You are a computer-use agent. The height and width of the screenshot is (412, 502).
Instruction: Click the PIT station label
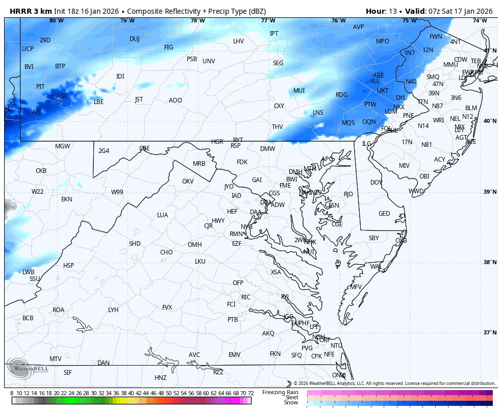click(x=40, y=87)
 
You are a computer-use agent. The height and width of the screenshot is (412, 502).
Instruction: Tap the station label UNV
click(x=209, y=61)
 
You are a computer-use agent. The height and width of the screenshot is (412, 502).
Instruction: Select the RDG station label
click(x=341, y=95)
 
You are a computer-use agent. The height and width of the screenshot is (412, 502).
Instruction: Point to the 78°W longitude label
click(x=198, y=20)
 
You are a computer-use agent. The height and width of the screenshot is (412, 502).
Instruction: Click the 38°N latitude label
click(x=490, y=262)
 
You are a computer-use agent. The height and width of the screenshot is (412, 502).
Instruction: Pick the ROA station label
click(x=59, y=310)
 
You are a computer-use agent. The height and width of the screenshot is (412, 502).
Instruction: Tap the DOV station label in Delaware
click(x=376, y=183)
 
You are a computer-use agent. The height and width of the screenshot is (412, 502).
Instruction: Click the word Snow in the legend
click(x=291, y=403)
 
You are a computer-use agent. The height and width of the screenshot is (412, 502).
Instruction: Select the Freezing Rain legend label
click(x=280, y=392)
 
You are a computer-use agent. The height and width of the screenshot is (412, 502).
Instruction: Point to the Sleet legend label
click(x=291, y=397)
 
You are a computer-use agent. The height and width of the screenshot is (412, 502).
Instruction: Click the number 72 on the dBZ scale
click(x=250, y=393)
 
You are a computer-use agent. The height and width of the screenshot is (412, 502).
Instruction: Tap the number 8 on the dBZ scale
click(x=12, y=393)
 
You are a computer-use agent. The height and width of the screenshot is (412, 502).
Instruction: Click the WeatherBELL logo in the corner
click(x=28, y=371)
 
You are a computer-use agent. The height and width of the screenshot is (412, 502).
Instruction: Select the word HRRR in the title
click(x=20, y=11)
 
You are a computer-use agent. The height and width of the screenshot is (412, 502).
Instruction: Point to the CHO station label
click(x=166, y=252)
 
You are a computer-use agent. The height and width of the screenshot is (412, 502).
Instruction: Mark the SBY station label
click(x=374, y=238)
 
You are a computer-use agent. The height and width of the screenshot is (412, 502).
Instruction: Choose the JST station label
click(x=139, y=99)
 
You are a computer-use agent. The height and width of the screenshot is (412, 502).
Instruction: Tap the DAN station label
click(x=104, y=363)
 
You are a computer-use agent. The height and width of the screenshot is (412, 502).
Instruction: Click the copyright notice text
click(x=394, y=383)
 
